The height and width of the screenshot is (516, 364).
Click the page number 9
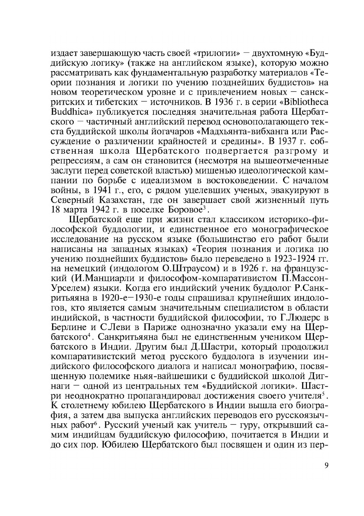pyautogui.click(x=326, y=466)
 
